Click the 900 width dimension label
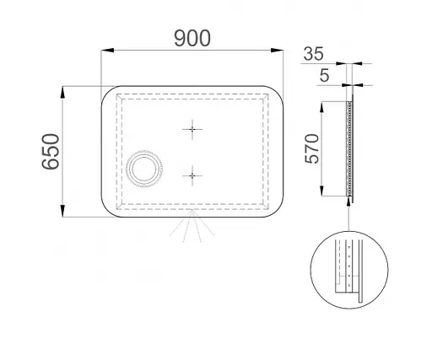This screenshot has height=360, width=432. (x=192, y=38)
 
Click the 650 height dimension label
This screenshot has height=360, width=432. (x=51, y=152)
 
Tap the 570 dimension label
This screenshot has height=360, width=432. (x=312, y=148)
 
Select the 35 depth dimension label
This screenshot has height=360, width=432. (x=314, y=54)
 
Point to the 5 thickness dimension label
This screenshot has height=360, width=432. (x=324, y=75)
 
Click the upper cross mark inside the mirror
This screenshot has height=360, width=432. (x=192, y=129)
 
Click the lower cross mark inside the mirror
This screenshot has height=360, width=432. (x=192, y=175)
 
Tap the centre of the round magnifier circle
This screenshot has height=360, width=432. (x=144, y=169)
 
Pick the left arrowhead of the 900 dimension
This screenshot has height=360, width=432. (x=107, y=51)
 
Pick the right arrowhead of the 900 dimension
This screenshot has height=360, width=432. (x=277, y=51)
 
